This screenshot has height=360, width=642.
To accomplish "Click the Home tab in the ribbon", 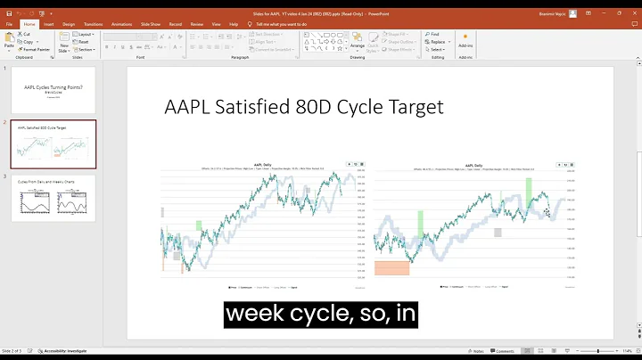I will click(x=29, y=25).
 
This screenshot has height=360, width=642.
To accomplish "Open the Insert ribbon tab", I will click(x=49, y=25).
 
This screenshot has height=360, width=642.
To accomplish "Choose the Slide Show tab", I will click(x=149, y=25).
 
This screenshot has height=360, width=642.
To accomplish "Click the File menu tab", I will click(x=10, y=25).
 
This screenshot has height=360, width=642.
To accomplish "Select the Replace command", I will click(x=436, y=42).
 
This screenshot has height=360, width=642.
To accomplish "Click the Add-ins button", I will click(x=465, y=43).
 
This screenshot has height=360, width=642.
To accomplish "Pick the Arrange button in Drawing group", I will click(x=358, y=41).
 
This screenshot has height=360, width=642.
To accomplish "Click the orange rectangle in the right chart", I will click(x=392, y=267).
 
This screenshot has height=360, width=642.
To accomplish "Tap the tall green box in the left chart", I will click(x=199, y=226).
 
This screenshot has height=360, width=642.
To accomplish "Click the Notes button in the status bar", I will click(x=476, y=352).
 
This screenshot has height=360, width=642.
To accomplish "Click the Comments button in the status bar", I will click(x=504, y=352).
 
